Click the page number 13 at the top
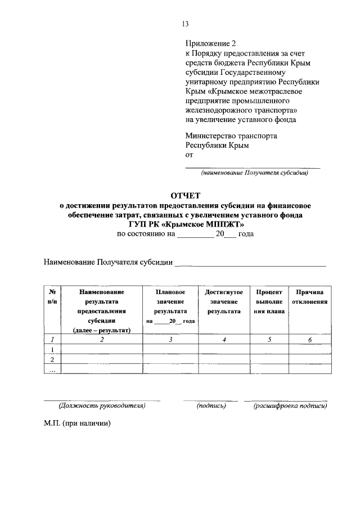185,24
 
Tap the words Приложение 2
208,43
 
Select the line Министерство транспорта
231,135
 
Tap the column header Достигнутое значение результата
224,301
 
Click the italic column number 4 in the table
224,339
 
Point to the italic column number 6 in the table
309,339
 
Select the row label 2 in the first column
52,359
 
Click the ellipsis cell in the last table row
52,370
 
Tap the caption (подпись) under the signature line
211,405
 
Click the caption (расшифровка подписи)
290,405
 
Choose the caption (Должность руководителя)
102,405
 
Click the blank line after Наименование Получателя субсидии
250,263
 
